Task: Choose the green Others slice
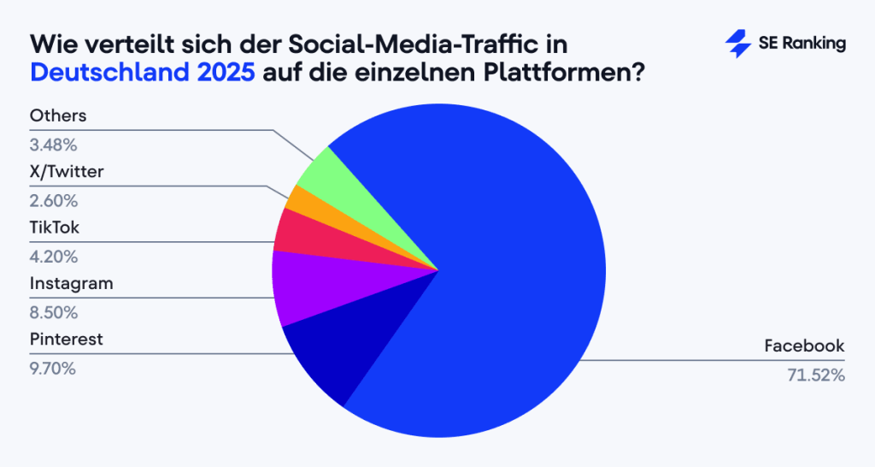[321, 174]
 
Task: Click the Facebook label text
[804, 346]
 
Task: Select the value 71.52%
[815, 375]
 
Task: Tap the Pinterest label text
[66, 340]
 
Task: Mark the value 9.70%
[54, 369]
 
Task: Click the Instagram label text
[71, 283]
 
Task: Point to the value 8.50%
[54, 312]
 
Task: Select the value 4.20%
[54, 256]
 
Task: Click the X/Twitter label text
[67, 172]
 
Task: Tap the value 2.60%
[54, 201]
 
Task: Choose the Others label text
[58, 115]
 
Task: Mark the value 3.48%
[54, 145]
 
